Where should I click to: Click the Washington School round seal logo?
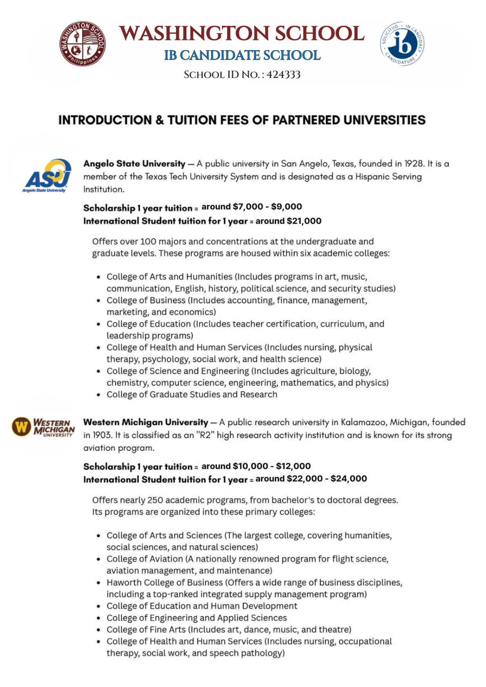tap(82, 44)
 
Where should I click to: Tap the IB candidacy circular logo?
tap(402, 44)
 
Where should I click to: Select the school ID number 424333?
tap(284, 75)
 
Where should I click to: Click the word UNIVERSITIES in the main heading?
tap(384, 120)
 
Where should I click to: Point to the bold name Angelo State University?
tap(134, 164)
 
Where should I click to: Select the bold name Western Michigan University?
tap(146, 422)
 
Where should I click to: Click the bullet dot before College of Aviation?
tap(99, 559)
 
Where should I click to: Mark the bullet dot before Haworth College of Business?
tap(99, 583)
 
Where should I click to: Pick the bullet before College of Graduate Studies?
tap(99, 395)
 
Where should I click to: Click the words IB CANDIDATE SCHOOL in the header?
tap(242, 56)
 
